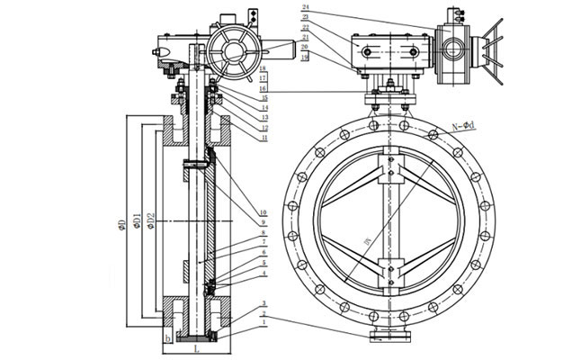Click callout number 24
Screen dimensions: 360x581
(x=307, y=7)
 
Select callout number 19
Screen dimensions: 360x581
(x=307, y=56)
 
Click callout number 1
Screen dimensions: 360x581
(x=262, y=321)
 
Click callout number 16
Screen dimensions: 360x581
(x=263, y=68)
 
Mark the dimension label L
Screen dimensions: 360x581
(x=196, y=345)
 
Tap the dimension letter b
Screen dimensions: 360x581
(x=167, y=338)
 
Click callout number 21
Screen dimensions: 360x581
(x=307, y=36)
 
